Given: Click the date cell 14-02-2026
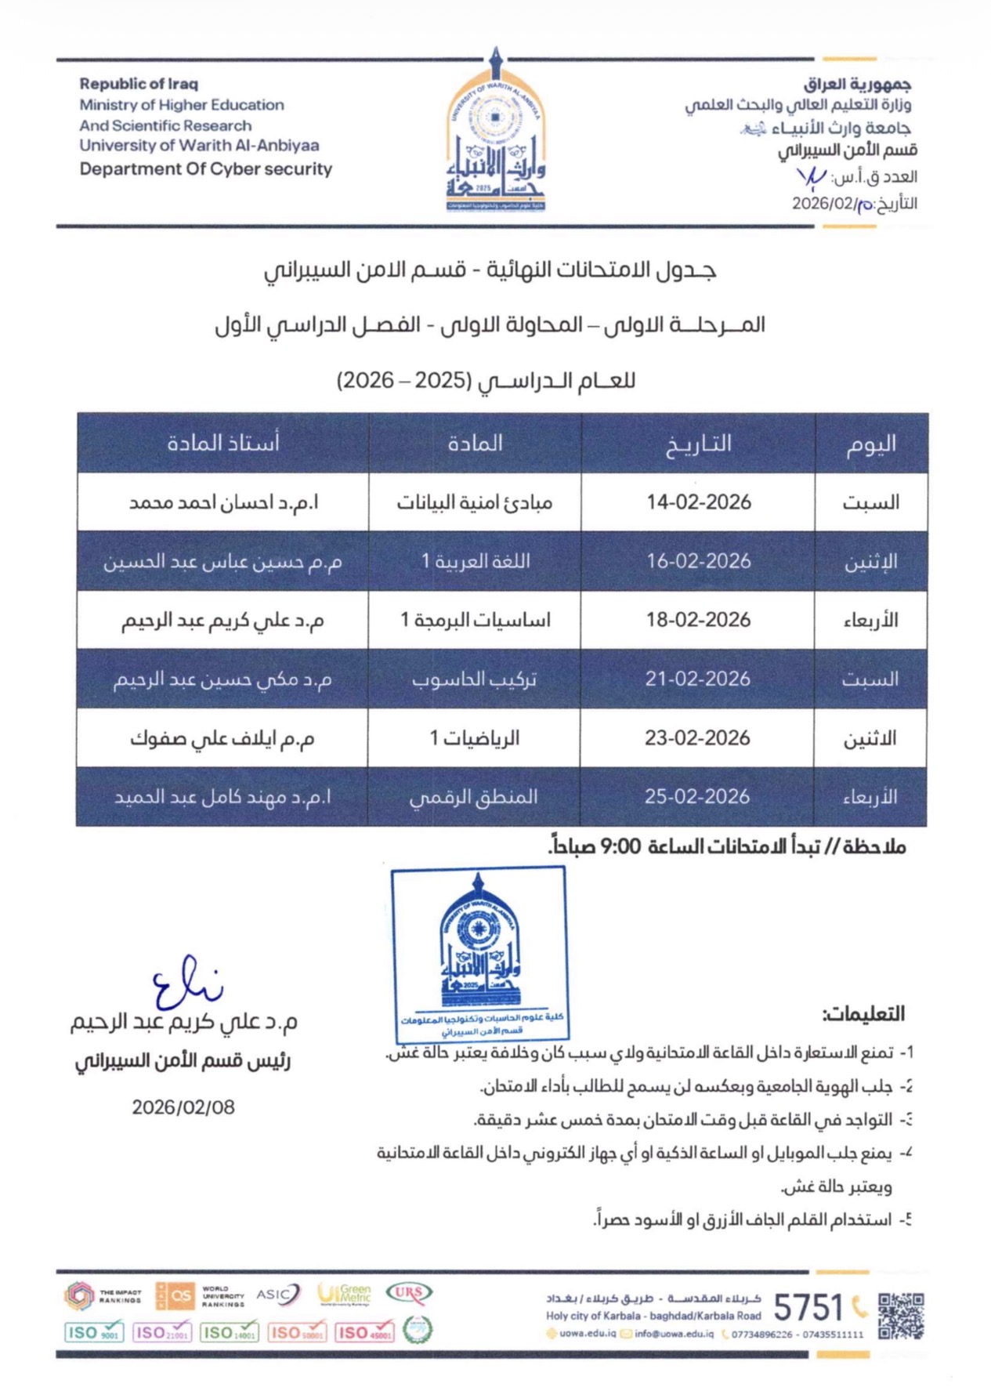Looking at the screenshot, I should (698, 502).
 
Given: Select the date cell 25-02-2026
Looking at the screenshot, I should (697, 797).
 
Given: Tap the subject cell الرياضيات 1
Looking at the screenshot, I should (475, 738).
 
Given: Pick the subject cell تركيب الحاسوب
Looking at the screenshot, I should (475, 679).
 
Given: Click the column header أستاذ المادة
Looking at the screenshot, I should (223, 444).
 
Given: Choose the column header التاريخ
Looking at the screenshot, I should (698, 444).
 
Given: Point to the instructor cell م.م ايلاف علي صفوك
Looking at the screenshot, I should (222, 738).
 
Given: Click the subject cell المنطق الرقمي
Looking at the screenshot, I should (474, 797).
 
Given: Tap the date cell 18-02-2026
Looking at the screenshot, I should (698, 620).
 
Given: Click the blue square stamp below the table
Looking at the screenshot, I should (479, 955).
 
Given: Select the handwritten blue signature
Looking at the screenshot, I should (185, 984).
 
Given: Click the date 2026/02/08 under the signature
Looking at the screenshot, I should (183, 1107).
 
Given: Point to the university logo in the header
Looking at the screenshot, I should (495, 133).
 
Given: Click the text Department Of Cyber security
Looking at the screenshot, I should (206, 169).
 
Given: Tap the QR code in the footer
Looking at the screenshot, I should (901, 1316).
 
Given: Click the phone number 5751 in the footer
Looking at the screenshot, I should (808, 1308).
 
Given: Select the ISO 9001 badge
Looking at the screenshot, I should (94, 1332).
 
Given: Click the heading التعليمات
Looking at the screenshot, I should (863, 1014).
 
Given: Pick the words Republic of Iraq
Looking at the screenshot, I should (139, 84).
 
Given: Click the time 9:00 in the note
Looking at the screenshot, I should (620, 847).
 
